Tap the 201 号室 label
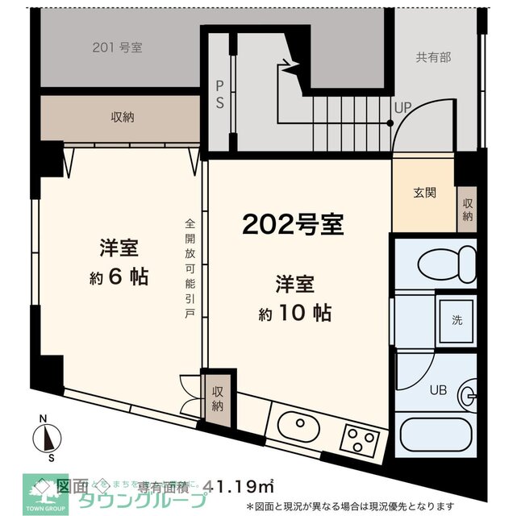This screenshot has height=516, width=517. (117, 47)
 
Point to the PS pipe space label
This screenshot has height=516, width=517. (219, 95)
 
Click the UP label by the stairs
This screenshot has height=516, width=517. (402, 106)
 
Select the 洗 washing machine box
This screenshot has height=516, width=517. (457, 318)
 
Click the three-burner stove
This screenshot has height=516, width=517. (359, 440)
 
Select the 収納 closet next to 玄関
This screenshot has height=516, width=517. (467, 210)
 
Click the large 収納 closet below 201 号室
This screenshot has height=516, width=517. (121, 118)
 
